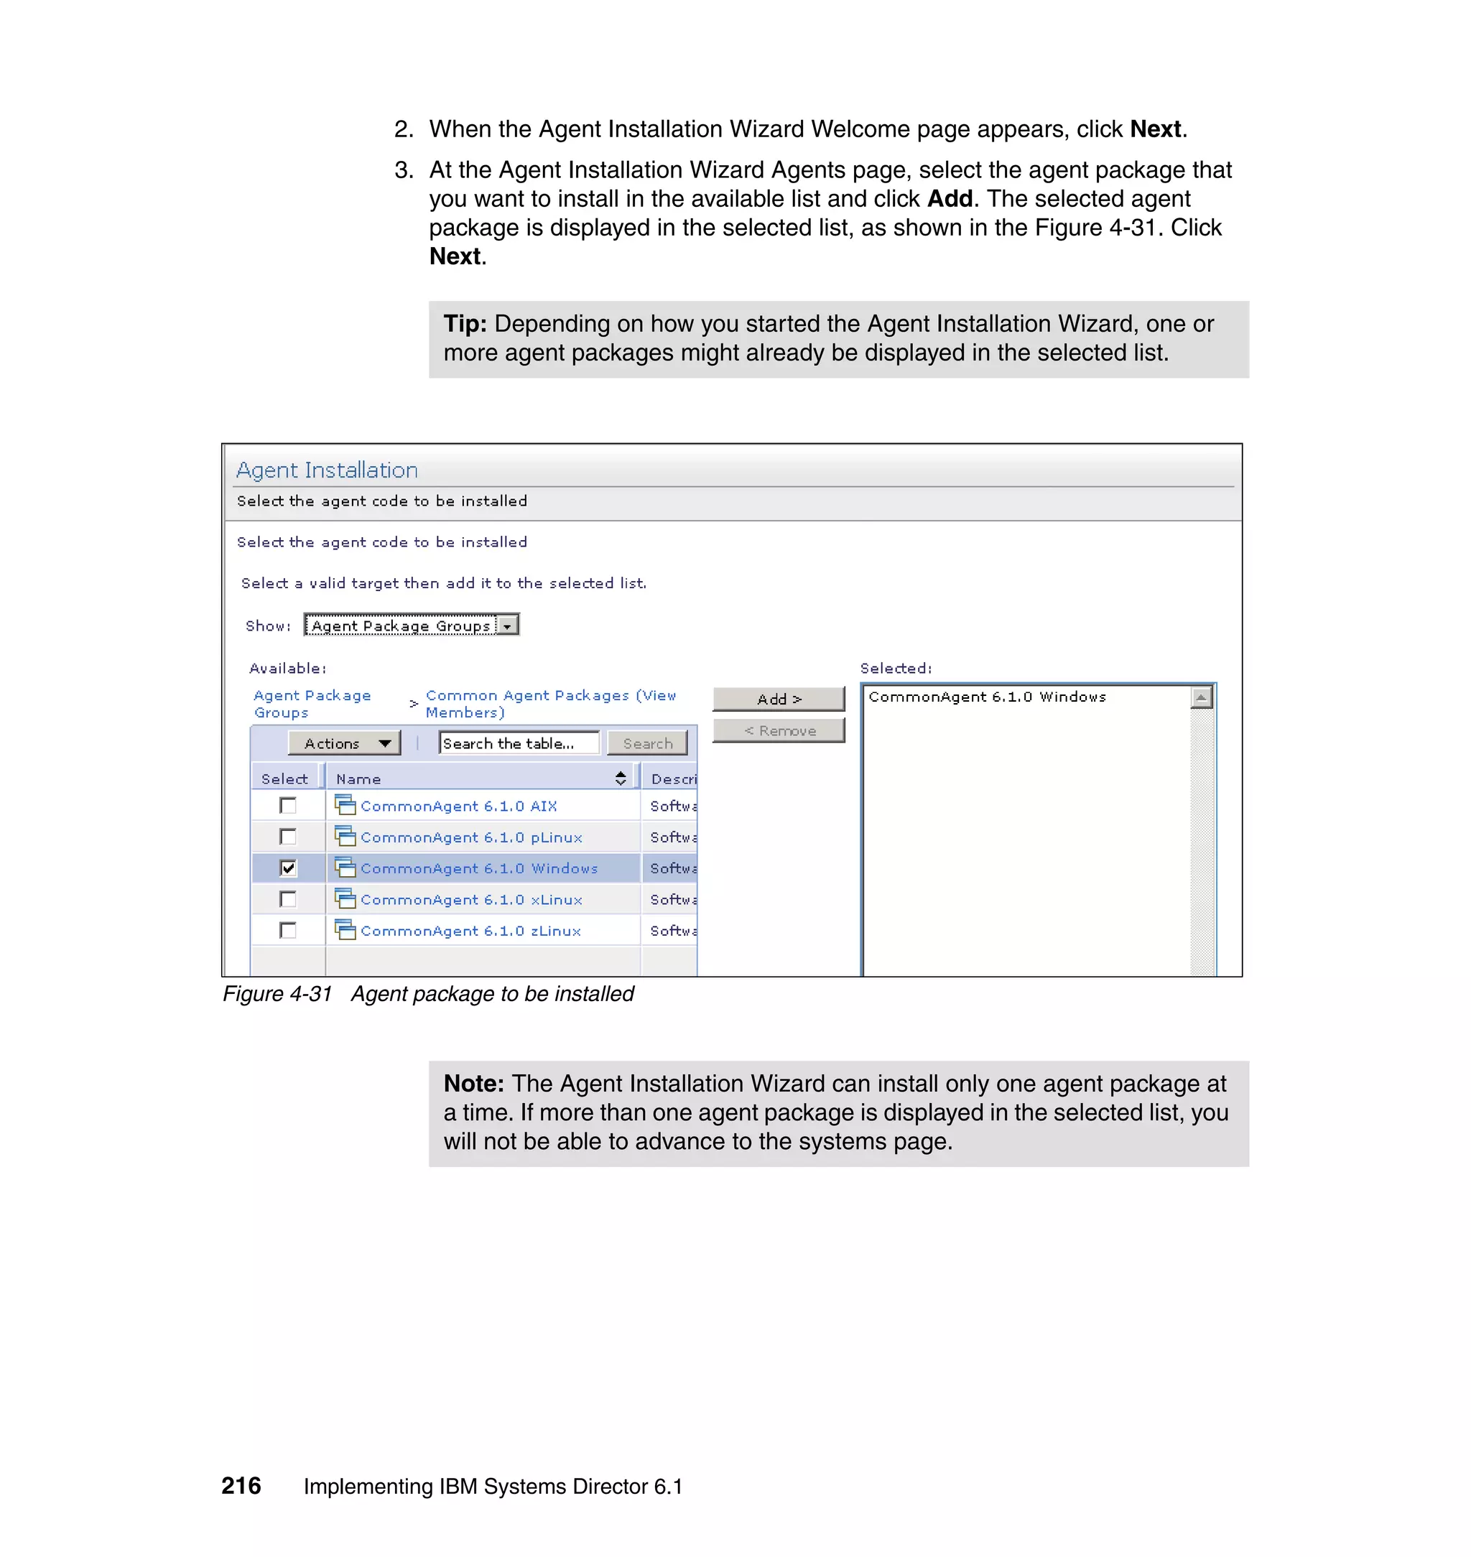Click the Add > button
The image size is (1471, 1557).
(x=778, y=699)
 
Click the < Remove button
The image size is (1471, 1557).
(x=778, y=730)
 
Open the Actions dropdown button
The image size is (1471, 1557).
(x=344, y=743)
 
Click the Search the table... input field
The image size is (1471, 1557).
(x=519, y=743)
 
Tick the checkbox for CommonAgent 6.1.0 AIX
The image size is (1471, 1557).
(x=288, y=805)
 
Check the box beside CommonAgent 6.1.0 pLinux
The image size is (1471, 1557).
(x=288, y=837)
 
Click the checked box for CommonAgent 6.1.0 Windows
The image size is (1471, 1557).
(x=288, y=868)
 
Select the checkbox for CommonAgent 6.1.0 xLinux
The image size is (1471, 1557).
(x=288, y=899)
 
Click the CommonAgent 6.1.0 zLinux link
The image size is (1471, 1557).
(x=470, y=931)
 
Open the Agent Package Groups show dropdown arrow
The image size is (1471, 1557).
(x=508, y=626)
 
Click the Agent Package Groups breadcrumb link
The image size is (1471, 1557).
(x=311, y=704)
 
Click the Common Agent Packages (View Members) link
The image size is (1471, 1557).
(x=549, y=704)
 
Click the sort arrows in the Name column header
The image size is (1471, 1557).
(x=621, y=778)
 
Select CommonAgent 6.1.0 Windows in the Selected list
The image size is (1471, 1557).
(x=986, y=697)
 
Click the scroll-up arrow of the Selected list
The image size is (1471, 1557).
(x=1200, y=697)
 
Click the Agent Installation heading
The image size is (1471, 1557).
(x=327, y=470)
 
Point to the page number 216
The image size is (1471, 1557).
(x=241, y=1486)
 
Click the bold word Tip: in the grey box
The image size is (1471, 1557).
(x=465, y=324)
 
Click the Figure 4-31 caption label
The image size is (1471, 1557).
(x=277, y=994)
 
